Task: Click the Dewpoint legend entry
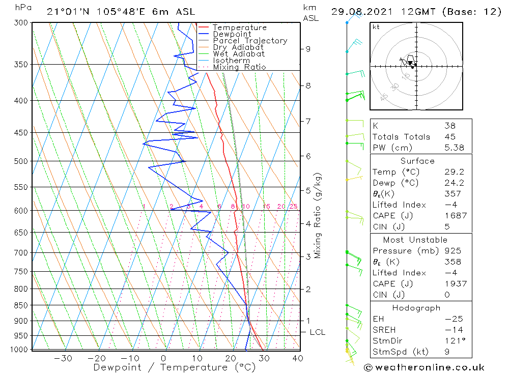tap(232, 34)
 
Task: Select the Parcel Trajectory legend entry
tap(250, 41)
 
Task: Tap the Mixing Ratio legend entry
tap(239, 67)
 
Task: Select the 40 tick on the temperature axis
tap(298, 358)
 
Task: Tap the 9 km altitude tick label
tap(308, 49)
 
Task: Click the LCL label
tap(317, 332)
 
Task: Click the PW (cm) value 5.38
tap(454, 148)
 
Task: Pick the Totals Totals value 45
tap(449, 136)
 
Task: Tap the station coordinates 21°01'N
tap(65, 12)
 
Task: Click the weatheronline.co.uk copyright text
tap(424, 367)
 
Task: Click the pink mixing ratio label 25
tap(293, 206)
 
